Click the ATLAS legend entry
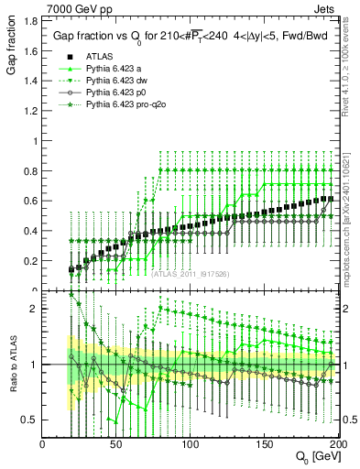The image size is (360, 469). pyautogui.click(x=99, y=57)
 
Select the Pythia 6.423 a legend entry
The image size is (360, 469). pyautogui.click(x=114, y=70)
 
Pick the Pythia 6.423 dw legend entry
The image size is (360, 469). pyautogui.click(x=116, y=82)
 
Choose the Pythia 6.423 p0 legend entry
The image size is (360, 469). pyautogui.click(x=115, y=93)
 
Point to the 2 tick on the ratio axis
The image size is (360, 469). pyautogui.click(x=35, y=309)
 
